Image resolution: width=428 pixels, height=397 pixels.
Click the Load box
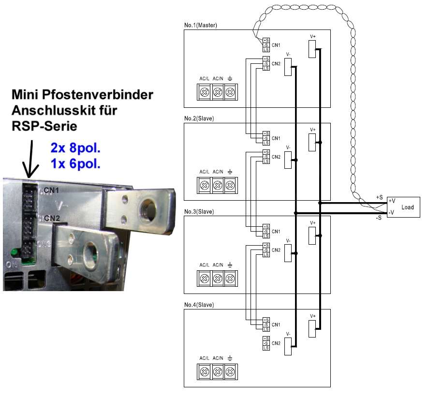405,207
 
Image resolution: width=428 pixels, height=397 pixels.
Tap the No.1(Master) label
201,25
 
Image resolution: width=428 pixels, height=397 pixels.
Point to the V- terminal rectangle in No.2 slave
288,160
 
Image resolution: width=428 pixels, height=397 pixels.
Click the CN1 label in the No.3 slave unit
276,232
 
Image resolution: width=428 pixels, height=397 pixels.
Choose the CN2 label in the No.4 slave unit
276,343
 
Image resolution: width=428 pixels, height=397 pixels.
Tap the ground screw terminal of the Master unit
230,91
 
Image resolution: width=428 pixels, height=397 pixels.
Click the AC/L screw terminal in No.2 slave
205,185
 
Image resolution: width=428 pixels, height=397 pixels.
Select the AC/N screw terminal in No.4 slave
218,371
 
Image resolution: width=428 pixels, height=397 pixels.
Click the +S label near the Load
379,197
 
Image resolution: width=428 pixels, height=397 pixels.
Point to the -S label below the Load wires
379,218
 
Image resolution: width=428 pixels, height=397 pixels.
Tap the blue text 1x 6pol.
75,163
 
